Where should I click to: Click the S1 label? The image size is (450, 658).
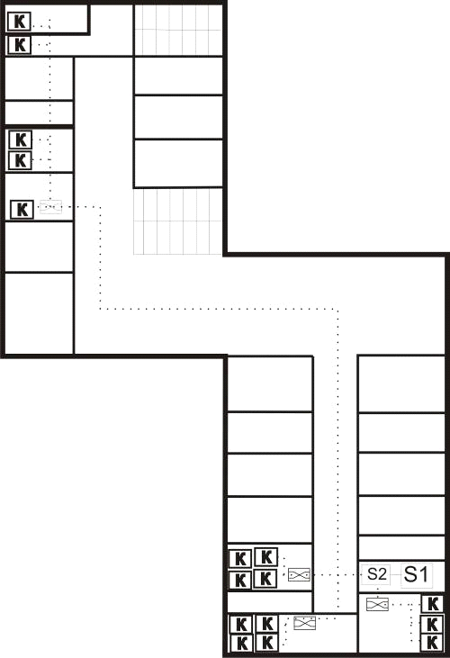tap(416, 574)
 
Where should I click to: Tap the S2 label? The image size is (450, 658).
tap(376, 574)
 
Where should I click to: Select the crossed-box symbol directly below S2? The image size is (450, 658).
tap(377, 604)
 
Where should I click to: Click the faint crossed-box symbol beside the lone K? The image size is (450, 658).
tap(50, 207)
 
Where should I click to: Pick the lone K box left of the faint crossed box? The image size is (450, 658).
tap(22, 210)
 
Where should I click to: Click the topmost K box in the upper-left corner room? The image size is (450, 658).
tap(19, 22)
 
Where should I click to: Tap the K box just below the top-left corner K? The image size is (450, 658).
tap(19, 45)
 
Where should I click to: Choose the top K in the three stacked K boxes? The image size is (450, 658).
tap(432, 604)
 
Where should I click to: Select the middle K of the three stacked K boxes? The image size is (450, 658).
tap(432, 625)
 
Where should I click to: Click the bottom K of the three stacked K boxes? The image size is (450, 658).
tap(432, 643)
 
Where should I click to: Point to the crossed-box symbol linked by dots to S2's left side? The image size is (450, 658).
tap(299, 575)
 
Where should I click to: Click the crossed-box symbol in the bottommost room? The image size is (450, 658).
tap(304, 623)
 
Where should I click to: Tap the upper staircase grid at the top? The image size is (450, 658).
tap(178, 30)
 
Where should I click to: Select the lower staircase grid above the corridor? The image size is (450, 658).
tap(178, 221)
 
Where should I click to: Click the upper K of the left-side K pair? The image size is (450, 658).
tap(20, 140)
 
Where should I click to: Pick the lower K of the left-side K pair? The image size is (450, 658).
tap(20, 160)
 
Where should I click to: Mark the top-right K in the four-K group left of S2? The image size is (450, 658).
tap(265, 557)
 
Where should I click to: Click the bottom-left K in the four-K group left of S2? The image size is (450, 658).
tap(240, 580)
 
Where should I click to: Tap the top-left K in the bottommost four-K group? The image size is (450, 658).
tap(241, 625)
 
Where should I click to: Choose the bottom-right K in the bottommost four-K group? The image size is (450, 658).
tap(266, 643)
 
